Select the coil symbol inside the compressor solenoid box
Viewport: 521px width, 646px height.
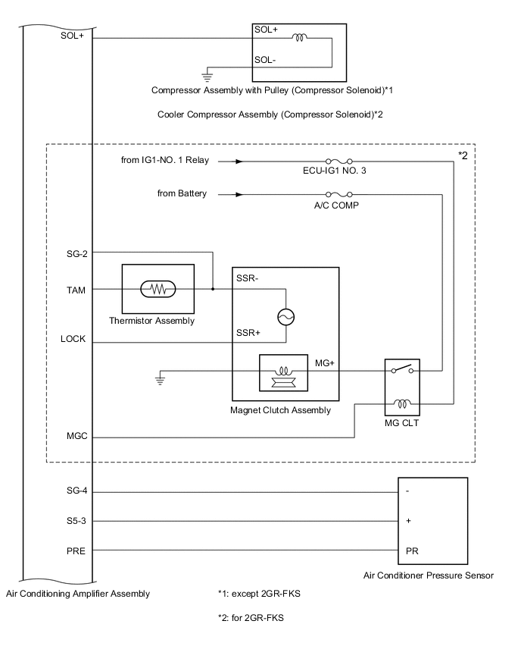[x=300, y=38]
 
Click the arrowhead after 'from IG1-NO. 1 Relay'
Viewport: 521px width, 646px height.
[x=239, y=161]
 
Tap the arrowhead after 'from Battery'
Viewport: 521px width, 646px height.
[x=239, y=194]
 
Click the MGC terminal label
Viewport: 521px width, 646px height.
[x=76, y=437]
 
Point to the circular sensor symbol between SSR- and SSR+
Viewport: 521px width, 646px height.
[x=286, y=317]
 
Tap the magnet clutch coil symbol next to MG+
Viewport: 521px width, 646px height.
[x=285, y=372]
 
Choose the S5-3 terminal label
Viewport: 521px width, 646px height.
[x=77, y=521]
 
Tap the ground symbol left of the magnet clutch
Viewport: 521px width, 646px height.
[x=160, y=378]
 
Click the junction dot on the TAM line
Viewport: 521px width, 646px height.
[x=213, y=289]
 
